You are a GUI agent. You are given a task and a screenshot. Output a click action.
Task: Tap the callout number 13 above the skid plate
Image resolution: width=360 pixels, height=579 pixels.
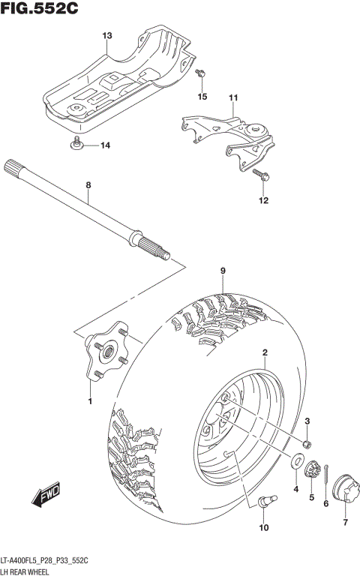click(x=106, y=36)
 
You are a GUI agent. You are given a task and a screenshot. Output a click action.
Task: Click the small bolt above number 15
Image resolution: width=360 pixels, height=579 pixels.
click(x=200, y=73)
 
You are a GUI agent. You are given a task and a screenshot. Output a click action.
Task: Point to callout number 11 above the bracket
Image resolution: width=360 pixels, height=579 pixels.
click(x=232, y=98)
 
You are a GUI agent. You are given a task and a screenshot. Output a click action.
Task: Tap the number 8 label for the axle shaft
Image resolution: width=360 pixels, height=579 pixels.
click(x=88, y=184)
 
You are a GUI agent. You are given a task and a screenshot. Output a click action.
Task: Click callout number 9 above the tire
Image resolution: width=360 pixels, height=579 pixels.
click(x=223, y=271)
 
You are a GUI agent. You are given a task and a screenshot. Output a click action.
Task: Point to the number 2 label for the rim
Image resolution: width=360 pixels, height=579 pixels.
click(x=265, y=352)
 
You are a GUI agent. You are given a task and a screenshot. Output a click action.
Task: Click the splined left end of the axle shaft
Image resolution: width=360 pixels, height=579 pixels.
click(x=15, y=166)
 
